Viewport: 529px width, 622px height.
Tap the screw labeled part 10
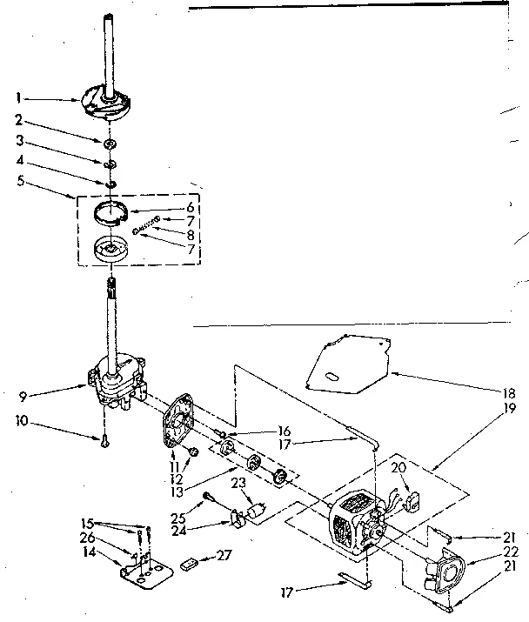(x=103, y=439)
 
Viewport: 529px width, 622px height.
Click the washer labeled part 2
(x=110, y=142)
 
